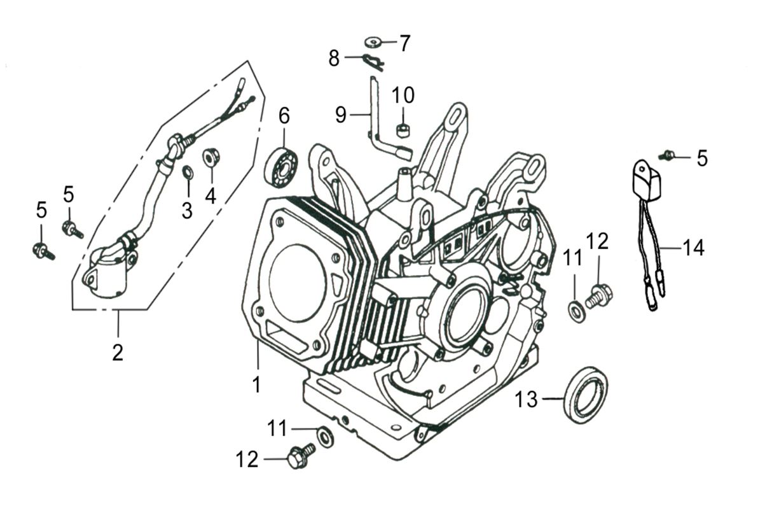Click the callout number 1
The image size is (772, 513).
pyautogui.click(x=256, y=384)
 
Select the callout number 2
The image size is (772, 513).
pyautogui.click(x=118, y=351)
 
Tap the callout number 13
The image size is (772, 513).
pyautogui.click(x=527, y=400)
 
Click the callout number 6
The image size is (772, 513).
pyautogui.click(x=284, y=116)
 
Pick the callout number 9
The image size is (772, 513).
pyautogui.click(x=341, y=115)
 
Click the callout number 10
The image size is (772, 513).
pyautogui.click(x=403, y=95)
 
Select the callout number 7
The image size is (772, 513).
pyautogui.click(x=404, y=43)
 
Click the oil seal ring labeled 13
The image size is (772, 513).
pyautogui.click(x=586, y=395)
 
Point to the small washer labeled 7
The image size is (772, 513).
pyautogui.click(x=372, y=43)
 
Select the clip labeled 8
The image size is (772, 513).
pyautogui.click(x=373, y=60)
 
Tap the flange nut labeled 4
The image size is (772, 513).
pyautogui.click(x=210, y=157)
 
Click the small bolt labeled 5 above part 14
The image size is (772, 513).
pyautogui.click(x=668, y=155)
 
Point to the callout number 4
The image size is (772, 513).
pyautogui.click(x=210, y=195)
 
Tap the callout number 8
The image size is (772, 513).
pyautogui.click(x=334, y=59)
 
